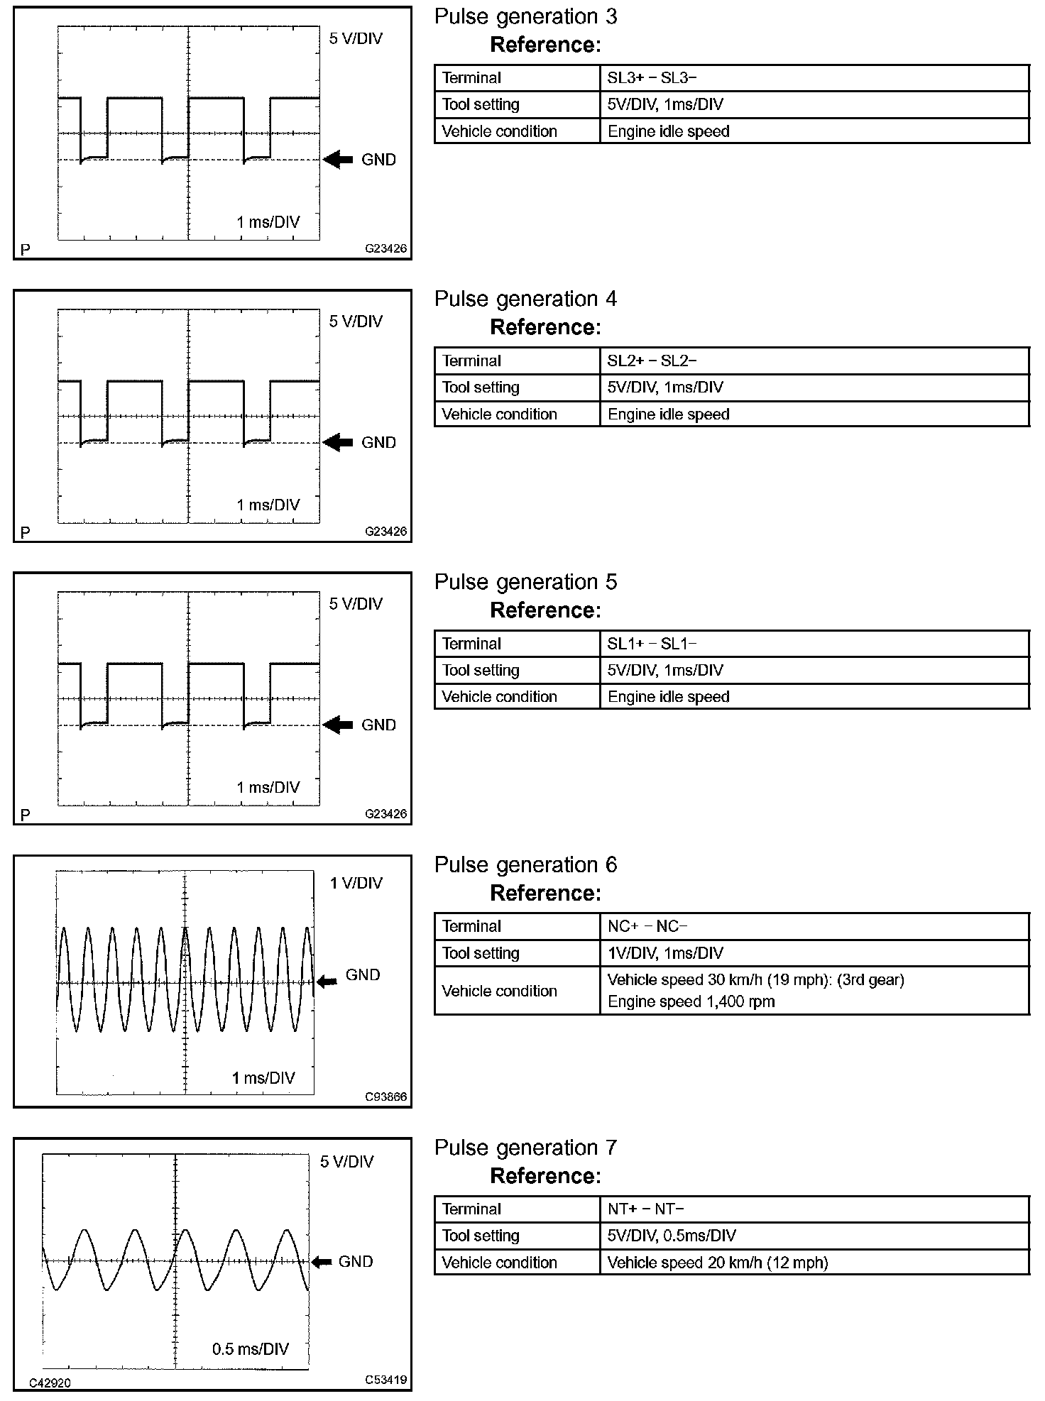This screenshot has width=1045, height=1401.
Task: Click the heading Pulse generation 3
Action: tap(525, 17)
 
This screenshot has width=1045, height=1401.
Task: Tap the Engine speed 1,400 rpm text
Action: tap(691, 1001)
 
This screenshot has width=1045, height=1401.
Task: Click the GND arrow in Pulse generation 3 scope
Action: tap(338, 160)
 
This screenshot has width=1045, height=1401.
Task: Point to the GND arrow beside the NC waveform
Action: tap(327, 982)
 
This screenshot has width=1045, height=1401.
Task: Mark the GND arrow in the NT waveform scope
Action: tap(322, 1261)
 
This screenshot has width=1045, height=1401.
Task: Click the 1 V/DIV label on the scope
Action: tap(356, 883)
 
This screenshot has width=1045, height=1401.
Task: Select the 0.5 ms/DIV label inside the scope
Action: tap(251, 1348)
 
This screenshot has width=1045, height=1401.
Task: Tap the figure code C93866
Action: tap(386, 1097)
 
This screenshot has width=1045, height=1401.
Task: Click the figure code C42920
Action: tap(50, 1383)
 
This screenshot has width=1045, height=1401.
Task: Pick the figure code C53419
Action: tap(386, 1380)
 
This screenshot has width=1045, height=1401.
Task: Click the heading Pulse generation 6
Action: tap(525, 865)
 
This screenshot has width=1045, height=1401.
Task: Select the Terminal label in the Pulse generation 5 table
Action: tap(471, 644)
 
